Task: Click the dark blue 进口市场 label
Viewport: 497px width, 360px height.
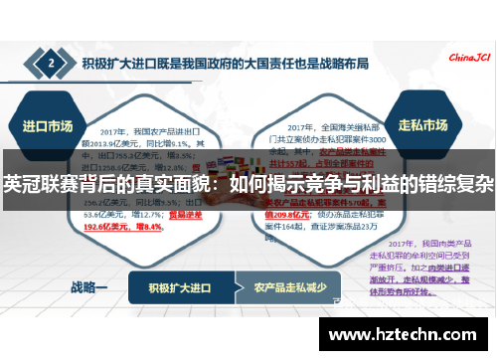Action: click(47, 126)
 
